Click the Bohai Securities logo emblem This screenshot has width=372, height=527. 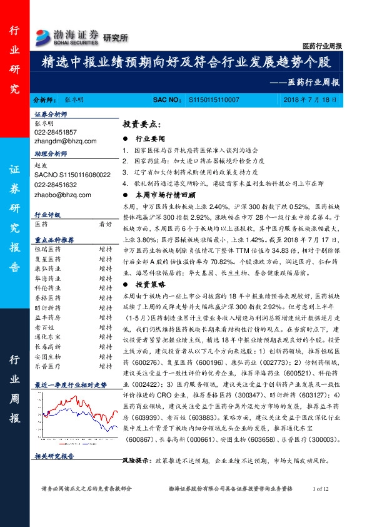point(44,35)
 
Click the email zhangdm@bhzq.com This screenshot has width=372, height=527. point(57,141)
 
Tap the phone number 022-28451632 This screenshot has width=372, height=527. point(56,185)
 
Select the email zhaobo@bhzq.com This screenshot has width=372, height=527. point(54,195)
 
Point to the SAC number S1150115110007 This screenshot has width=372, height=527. point(213,100)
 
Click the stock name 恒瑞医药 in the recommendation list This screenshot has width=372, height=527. point(46,248)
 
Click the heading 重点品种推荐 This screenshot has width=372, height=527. point(54,240)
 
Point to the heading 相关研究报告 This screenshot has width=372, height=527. point(54,456)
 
